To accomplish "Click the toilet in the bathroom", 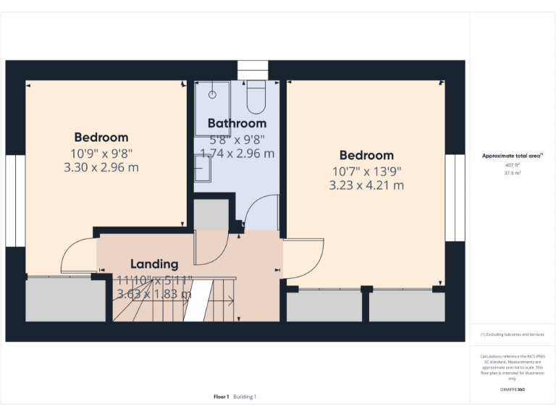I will pos(256,98).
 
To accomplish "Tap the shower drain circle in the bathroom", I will pos(213,95).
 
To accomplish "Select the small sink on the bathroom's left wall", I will pos(202,169).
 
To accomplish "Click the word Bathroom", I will pos(237,123).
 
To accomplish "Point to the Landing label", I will pos(154,264).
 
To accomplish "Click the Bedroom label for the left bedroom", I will pos(101,137).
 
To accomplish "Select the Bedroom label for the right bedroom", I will pos(366,155).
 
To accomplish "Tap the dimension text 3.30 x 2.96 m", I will pos(101,167).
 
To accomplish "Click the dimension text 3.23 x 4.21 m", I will pos(366,185).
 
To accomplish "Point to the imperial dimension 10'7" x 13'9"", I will pos(366,171).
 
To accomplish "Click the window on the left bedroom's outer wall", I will pos(10,199).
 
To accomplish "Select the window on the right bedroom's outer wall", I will pos(455,197).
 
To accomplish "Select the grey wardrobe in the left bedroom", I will pos(65,299).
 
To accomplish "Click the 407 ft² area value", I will pos(512,165).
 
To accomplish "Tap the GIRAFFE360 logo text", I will pos(512,389).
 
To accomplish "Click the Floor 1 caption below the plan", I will pos(222,397).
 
